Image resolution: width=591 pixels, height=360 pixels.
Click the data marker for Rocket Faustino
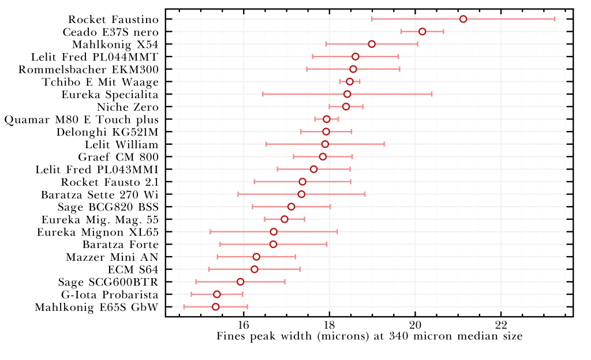tap(463, 19)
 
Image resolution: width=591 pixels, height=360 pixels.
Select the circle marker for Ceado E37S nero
tap(422, 31)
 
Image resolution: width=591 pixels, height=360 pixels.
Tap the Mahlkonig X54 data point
tap(372, 44)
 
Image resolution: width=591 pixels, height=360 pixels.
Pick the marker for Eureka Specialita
tap(347, 94)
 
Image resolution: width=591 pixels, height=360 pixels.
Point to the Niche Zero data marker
tap(346, 107)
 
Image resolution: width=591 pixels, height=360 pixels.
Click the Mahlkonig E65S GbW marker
tap(215, 306)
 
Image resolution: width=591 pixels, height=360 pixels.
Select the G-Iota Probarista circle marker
tap(216, 294)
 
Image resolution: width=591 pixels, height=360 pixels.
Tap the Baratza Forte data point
tap(273, 244)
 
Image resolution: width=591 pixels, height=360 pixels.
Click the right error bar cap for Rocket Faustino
tap(555, 19)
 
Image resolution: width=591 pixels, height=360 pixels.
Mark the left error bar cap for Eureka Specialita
tap(263, 94)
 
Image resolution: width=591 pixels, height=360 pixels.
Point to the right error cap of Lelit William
tap(384, 144)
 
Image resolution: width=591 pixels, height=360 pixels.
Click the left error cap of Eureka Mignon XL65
tap(210, 231)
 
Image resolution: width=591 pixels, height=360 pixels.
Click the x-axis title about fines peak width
tap(369, 336)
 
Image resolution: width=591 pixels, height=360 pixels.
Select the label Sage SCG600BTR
tap(108, 282)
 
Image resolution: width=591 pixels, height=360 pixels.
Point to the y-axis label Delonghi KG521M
tap(107, 132)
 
